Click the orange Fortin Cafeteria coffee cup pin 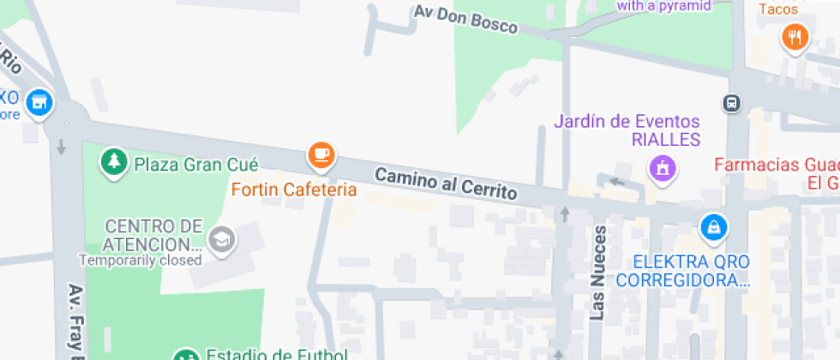coord(321,155)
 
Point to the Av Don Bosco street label coord(465,20)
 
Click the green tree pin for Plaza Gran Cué coord(113,162)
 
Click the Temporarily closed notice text coord(141,260)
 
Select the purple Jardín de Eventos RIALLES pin coord(663,168)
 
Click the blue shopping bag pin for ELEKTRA coord(713,227)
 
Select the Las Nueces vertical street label coord(599,273)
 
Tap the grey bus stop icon coord(732,104)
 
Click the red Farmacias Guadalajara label coord(777,173)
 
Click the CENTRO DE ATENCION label coord(153,236)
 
